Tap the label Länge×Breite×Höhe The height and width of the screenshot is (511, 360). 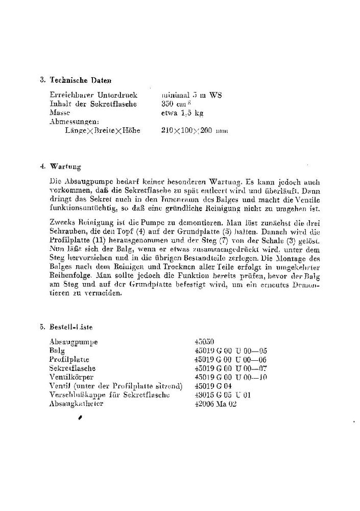(x=100, y=131)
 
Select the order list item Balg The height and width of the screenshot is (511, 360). (x=55, y=351)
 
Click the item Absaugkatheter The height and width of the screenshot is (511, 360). (x=77, y=404)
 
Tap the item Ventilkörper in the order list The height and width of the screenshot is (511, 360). (x=72, y=377)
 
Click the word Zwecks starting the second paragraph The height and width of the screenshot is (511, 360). (x=61, y=223)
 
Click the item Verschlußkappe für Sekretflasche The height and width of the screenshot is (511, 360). (x=109, y=395)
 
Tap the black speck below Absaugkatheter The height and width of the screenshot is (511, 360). (x=80, y=417)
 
